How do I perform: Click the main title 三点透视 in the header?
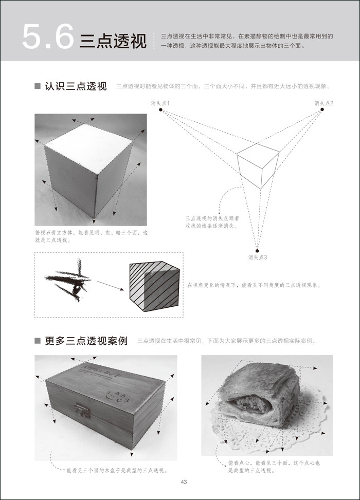coord(113,41)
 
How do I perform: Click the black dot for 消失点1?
coord(161,109)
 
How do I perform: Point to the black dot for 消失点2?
coord(322,109)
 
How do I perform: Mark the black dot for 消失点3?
coord(258,250)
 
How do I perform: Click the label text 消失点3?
coord(258,257)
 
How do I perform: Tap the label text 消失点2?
coord(323,103)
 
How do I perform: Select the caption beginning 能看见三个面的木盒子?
coord(117,470)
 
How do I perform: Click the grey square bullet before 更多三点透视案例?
coord(37,341)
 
